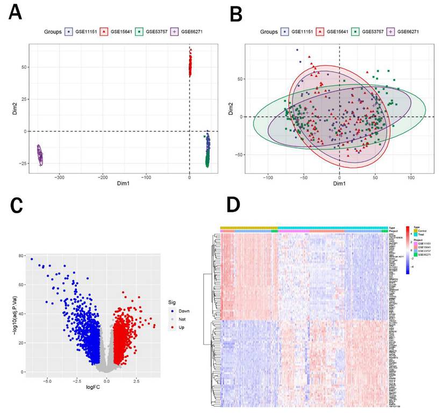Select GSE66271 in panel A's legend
(x=191, y=32)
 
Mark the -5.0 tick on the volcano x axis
(x=47, y=380)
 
